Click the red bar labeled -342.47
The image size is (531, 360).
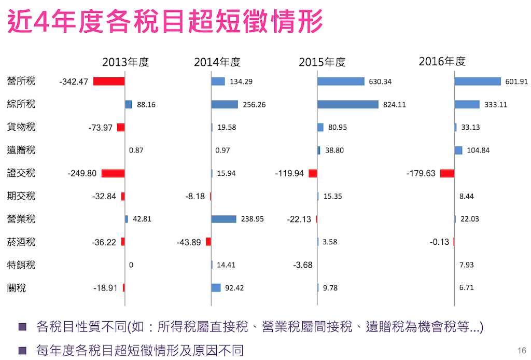coord(109,81)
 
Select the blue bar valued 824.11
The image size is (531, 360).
coord(348,104)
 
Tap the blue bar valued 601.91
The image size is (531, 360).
coord(478,81)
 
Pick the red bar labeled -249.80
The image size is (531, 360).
coord(113,173)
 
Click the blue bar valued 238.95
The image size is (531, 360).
coord(223,219)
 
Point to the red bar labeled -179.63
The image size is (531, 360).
coord(447,173)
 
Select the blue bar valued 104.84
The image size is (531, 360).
coord(458,150)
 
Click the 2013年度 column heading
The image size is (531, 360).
coord(125,62)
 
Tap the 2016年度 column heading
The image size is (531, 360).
coord(442,61)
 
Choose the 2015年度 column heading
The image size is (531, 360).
coord(322,62)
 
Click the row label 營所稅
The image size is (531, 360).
coord(21,81)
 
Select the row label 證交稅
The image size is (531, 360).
coord(21,173)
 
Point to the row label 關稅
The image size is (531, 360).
coord(17,287)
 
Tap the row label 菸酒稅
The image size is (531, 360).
coord(21,242)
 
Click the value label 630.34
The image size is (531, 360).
coord(380,81)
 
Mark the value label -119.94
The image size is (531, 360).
coord(289,173)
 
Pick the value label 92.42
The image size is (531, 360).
coord(234,287)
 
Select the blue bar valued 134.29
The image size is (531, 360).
coord(218,81)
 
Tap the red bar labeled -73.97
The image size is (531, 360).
coord(121,128)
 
